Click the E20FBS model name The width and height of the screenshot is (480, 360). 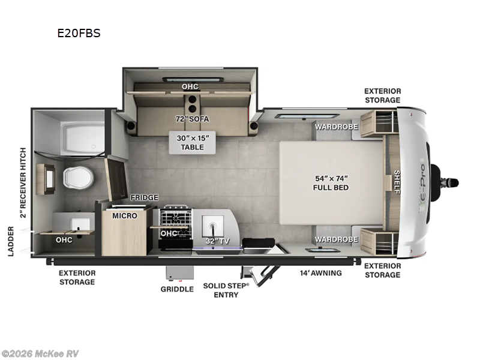79,34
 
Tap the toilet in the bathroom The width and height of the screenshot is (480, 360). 78,178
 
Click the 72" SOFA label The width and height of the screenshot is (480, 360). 190,118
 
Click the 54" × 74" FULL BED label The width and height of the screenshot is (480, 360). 331,183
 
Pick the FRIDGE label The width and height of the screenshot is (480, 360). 145,197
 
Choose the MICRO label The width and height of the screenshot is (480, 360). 125,215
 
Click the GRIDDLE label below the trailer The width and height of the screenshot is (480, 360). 177,289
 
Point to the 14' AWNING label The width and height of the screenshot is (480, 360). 320,273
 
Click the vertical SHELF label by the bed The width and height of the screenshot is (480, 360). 397,182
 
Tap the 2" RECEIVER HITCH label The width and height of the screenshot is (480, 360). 23,182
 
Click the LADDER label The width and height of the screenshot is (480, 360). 11,241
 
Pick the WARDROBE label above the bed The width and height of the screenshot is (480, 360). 337,127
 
